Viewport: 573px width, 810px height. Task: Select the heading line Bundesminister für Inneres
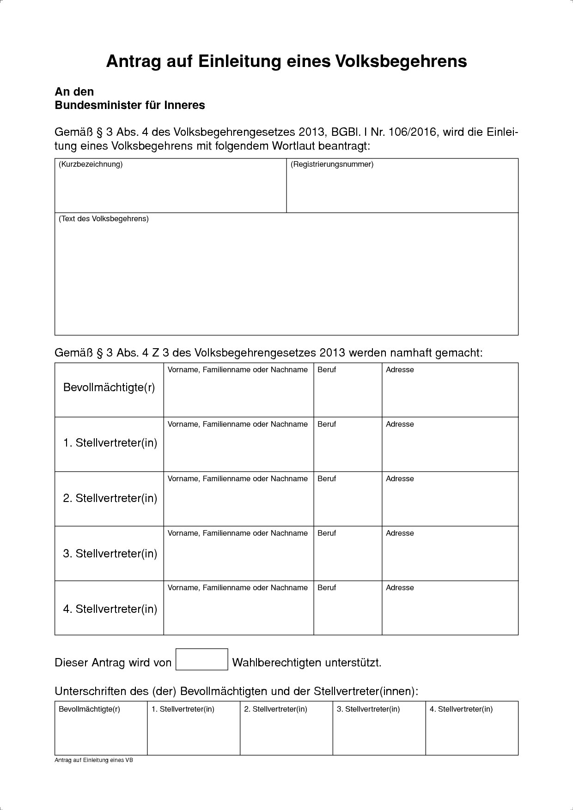[130, 105]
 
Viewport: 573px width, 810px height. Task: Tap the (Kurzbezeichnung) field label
[91, 164]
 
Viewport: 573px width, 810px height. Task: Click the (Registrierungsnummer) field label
[332, 164]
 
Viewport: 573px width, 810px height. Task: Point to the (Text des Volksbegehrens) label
[104, 219]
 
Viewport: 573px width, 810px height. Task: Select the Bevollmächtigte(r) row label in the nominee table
[109, 387]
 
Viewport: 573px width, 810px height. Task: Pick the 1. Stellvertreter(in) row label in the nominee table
[110, 443]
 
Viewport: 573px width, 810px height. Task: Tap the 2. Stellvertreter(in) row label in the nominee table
[110, 498]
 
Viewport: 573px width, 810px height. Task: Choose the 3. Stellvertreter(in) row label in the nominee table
[110, 553]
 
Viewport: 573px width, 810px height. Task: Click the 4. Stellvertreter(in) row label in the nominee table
[110, 609]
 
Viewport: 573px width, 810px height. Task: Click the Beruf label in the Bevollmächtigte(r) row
[327, 370]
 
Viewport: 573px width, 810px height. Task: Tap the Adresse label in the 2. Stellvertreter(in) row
[400, 479]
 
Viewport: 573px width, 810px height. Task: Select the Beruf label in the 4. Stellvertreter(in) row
[327, 588]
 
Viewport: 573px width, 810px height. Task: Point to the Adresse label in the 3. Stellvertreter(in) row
[400, 533]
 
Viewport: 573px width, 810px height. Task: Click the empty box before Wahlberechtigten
[202, 659]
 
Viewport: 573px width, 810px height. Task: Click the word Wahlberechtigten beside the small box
[276, 663]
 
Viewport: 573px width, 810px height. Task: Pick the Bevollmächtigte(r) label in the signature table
[89, 709]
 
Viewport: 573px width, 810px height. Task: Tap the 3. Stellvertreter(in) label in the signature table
[368, 709]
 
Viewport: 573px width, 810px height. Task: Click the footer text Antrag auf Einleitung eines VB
[94, 760]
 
